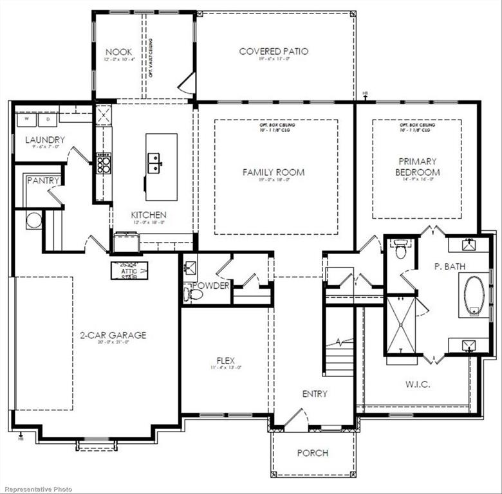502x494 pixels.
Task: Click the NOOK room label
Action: (119, 51)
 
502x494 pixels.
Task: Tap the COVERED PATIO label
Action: (274, 51)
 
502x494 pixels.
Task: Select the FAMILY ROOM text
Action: (274, 172)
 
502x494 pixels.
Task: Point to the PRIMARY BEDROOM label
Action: (418, 167)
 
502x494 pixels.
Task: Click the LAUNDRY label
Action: (45, 140)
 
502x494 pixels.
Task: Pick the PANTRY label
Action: (43, 181)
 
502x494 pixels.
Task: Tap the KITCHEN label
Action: (149, 215)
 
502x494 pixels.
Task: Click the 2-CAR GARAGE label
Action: (113, 335)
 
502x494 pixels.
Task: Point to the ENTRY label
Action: (315, 394)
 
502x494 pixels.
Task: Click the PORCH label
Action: (313, 453)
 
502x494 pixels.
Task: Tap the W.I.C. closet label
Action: (418, 384)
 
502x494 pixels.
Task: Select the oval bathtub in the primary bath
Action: (474, 295)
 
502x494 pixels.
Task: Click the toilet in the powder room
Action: (193, 295)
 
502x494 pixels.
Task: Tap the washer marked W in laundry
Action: (28, 119)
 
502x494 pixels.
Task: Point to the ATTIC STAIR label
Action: (129, 270)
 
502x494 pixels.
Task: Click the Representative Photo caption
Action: (36, 489)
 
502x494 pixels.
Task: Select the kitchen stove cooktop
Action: (103, 163)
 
